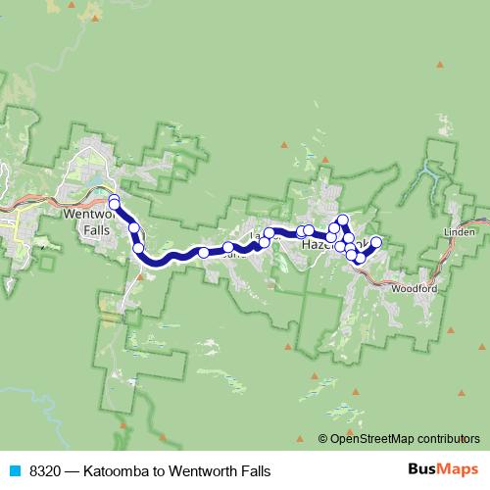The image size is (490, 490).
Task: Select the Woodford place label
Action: pos(413,290)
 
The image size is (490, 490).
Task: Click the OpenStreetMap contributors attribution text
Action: pos(404,439)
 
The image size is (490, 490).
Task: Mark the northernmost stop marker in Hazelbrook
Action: pos(343,220)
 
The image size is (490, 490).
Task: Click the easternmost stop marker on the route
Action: pos(375,242)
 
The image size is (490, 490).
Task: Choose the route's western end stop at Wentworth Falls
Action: pos(114,200)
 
